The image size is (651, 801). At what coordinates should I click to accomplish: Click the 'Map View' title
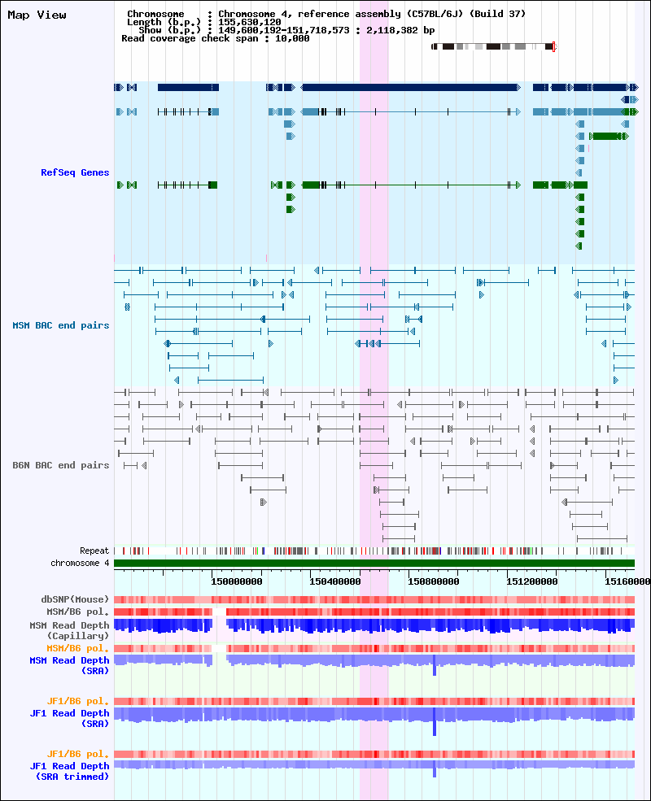tap(37, 15)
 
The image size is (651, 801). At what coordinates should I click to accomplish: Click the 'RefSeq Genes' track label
tap(75, 172)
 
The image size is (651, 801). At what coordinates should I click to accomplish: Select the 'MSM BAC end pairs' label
tap(61, 325)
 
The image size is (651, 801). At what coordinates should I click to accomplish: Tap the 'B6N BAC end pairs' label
tap(61, 465)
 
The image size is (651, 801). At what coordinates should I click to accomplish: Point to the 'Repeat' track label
tap(94, 551)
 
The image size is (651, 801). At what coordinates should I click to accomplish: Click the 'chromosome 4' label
tap(80, 563)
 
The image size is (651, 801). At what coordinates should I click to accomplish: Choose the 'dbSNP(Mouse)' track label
tap(75, 599)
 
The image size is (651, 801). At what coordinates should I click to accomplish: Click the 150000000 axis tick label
tap(237, 581)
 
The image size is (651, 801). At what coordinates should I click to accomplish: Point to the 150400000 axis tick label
tap(335, 581)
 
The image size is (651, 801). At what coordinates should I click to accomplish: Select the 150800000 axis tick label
tap(433, 581)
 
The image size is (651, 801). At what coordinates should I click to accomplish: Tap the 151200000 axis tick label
tap(532, 581)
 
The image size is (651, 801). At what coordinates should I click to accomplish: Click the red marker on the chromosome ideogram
tap(554, 47)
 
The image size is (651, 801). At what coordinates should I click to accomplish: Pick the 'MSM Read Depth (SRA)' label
tap(69, 666)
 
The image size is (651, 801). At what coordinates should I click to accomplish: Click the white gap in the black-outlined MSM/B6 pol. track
tap(219, 612)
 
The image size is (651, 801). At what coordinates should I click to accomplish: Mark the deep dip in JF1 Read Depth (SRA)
tap(435, 721)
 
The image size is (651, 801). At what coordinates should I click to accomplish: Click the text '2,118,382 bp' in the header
tap(400, 30)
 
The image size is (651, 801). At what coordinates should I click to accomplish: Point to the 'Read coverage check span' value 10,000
tap(292, 38)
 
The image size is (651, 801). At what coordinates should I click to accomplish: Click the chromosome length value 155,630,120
tap(249, 22)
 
